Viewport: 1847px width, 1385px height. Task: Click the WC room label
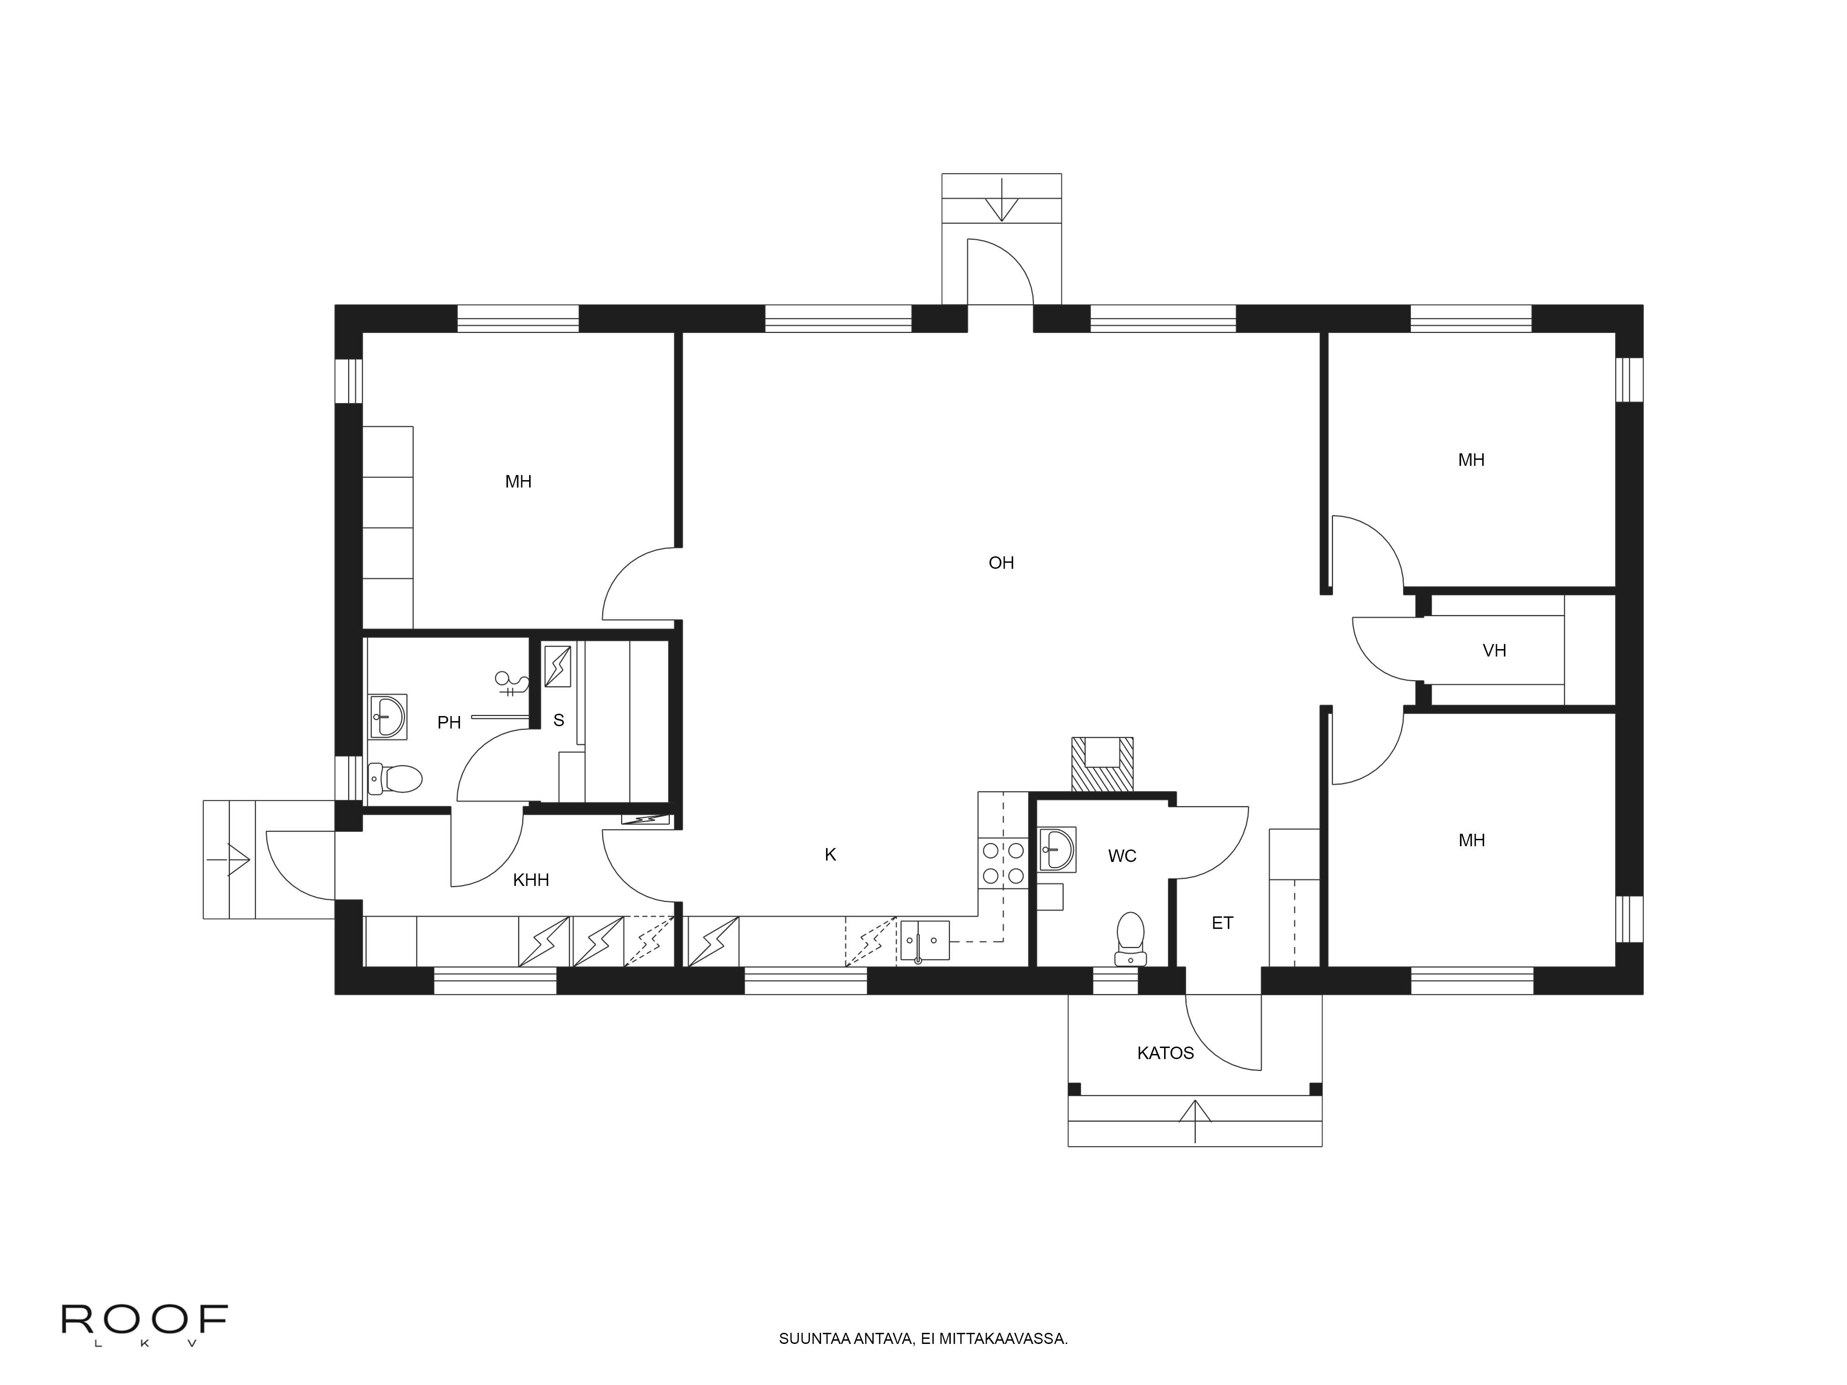(1122, 856)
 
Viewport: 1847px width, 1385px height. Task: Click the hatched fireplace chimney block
(1102, 765)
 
